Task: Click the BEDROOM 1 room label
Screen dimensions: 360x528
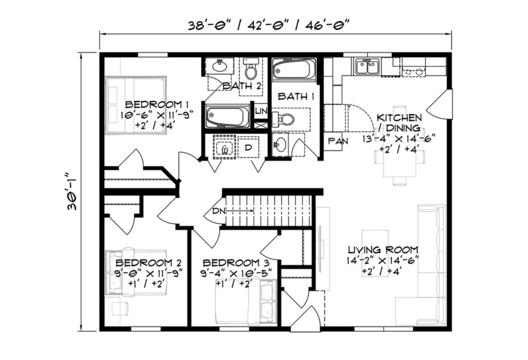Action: coord(157,105)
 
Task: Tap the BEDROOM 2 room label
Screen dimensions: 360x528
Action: coord(148,263)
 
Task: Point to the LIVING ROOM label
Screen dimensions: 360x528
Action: coord(383,250)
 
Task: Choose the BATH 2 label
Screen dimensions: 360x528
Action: coord(242,86)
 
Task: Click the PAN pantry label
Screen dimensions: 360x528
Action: coord(338,141)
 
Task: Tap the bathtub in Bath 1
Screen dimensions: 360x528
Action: coord(294,70)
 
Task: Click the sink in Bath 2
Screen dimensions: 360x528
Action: coord(219,66)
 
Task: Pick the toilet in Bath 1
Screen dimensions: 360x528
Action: coord(284,118)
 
